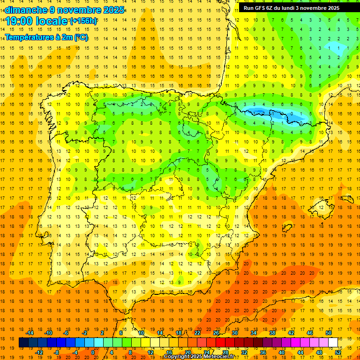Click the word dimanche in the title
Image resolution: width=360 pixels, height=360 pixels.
click(x=25, y=10)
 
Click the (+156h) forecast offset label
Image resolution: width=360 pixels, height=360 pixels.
click(x=83, y=21)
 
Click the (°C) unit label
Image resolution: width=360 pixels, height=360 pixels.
click(x=81, y=37)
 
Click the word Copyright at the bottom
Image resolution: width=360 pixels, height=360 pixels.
click(x=178, y=357)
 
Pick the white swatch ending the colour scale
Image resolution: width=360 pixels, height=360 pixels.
click(x=333, y=343)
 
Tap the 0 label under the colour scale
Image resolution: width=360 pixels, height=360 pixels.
click(x=93, y=352)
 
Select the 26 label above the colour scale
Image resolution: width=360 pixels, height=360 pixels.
click(x=216, y=333)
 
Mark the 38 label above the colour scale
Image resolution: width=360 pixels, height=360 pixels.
click(x=272, y=333)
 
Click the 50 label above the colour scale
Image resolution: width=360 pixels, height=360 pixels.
click(x=328, y=333)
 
